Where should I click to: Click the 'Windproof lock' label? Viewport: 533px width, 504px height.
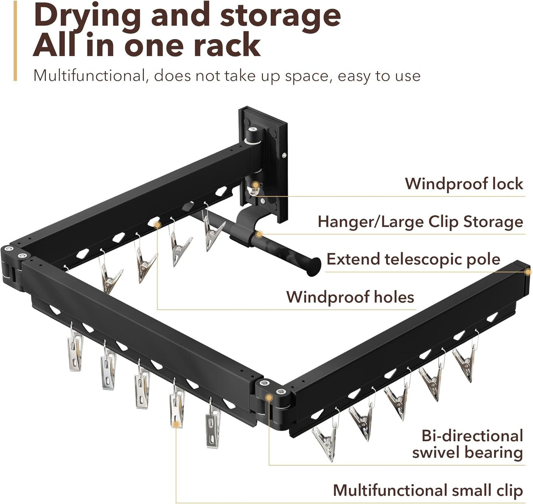[x=464, y=184]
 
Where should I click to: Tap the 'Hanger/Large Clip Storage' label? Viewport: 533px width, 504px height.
[x=420, y=222]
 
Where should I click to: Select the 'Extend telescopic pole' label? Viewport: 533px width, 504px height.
[x=413, y=259]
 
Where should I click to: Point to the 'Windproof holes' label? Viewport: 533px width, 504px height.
[x=350, y=297]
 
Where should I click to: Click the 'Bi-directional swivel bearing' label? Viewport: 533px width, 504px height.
[x=468, y=444]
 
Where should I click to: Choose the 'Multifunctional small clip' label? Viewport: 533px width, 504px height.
[x=428, y=490]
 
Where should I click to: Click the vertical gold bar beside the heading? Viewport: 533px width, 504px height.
[x=15, y=41]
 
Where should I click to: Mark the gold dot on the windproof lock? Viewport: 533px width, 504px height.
[x=255, y=184]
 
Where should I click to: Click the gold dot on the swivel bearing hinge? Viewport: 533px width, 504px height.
[x=269, y=398]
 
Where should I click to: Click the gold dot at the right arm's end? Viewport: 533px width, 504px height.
[x=528, y=272]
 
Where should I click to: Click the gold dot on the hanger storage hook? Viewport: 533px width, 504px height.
[x=259, y=234]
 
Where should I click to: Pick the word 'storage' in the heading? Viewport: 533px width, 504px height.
[x=280, y=16]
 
